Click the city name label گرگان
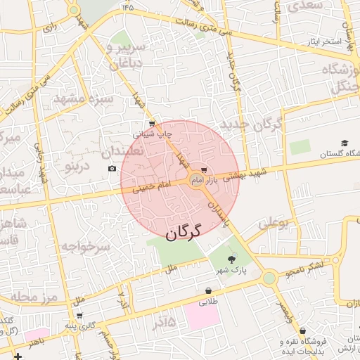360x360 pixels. (184, 231)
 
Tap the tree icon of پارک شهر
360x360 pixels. (232, 262)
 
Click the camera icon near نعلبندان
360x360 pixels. (112, 168)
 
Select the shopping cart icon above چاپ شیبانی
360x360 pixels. (153, 123)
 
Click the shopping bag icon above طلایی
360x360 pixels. (208, 290)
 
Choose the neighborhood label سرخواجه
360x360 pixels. (85, 246)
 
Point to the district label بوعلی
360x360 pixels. (274, 224)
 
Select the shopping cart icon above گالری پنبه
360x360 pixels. (79, 316)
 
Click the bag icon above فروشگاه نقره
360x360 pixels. (302, 330)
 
